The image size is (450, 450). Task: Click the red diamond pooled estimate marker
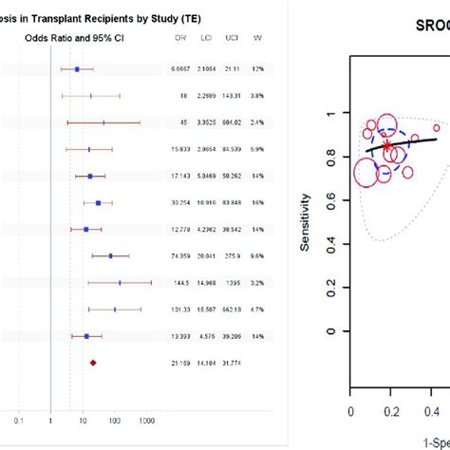click(93, 362)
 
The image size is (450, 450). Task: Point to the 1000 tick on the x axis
click(146, 421)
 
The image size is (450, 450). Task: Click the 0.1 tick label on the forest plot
click(18, 421)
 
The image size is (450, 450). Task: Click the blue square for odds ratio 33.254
click(98, 202)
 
